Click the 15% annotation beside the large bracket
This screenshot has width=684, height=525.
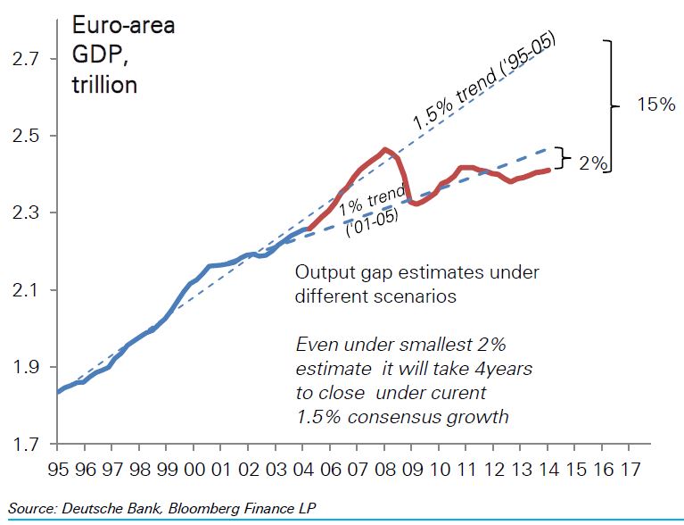[655, 105]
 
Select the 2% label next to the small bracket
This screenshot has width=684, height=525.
[593, 163]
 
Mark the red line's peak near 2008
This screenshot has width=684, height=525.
[384, 149]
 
